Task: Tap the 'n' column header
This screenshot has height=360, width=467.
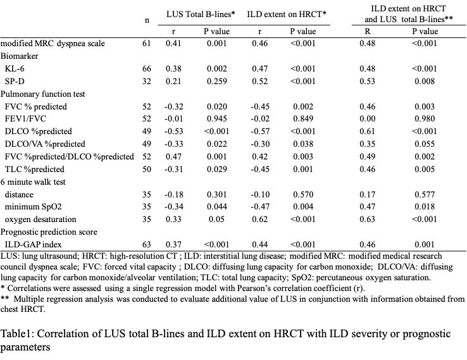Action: click(x=147, y=20)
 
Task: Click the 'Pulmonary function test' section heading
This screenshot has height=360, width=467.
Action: click(x=44, y=94)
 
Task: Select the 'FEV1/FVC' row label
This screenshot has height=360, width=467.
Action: click(x=26, y=119)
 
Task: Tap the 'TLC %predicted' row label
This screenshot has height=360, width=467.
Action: click(x=34, y=170)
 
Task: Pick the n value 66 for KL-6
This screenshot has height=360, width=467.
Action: click(x=147, y=68)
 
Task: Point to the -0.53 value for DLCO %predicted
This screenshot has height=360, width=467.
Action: click(x=173, y=132)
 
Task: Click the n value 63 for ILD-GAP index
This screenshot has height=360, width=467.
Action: click(x=147, y=245)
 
